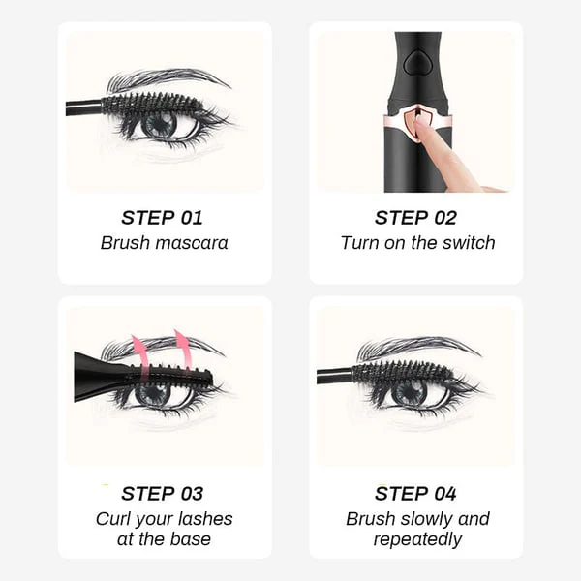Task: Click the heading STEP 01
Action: [164, 217]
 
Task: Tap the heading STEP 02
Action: [416, 217]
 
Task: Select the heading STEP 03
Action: [164, 494]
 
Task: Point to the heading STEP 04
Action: [416, 494]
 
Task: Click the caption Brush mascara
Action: [164, 243]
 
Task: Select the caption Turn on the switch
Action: [416, 243]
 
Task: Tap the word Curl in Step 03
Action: [113, 519]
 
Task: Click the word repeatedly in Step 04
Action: [416, 540]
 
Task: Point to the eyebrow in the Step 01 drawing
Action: [165, 78]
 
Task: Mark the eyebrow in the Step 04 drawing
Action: [416, 346]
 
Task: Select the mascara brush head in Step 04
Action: [397, 371]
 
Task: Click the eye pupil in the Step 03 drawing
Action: [155, 392]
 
